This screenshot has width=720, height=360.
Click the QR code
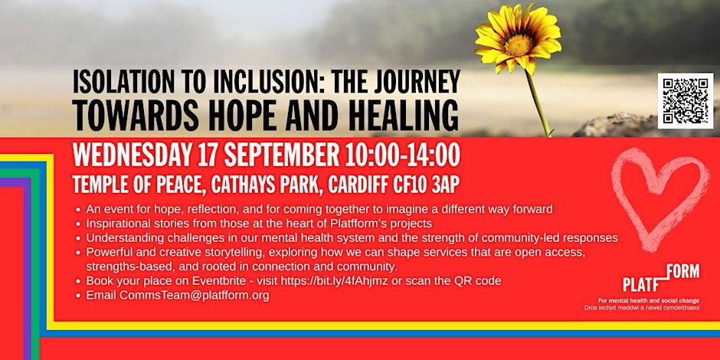685,100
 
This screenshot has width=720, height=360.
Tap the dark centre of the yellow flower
519,44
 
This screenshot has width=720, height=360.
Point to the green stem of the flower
538,103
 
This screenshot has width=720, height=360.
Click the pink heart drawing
659,198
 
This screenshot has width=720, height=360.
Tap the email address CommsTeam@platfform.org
195,295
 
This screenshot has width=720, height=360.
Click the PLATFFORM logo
661,278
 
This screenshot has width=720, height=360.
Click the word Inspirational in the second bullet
115,224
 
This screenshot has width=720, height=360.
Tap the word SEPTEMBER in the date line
281,156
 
